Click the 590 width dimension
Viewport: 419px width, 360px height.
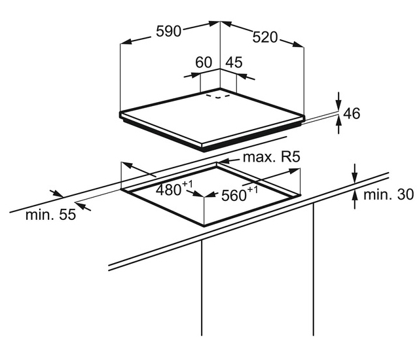(x=169, y=31)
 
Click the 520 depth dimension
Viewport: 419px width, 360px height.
(x=264, y=38)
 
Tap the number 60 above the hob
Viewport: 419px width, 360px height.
(x=204, y=63)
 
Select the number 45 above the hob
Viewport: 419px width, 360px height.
(x=234, y=63)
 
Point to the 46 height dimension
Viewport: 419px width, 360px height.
(x=352, y=113)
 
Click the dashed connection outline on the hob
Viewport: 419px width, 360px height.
(x=219, y=96)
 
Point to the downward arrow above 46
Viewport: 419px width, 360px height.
(x=338, y=103)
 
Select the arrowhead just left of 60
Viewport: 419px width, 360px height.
(x=188, y=76)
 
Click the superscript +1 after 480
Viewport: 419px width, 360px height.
(x=188, y=185)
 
